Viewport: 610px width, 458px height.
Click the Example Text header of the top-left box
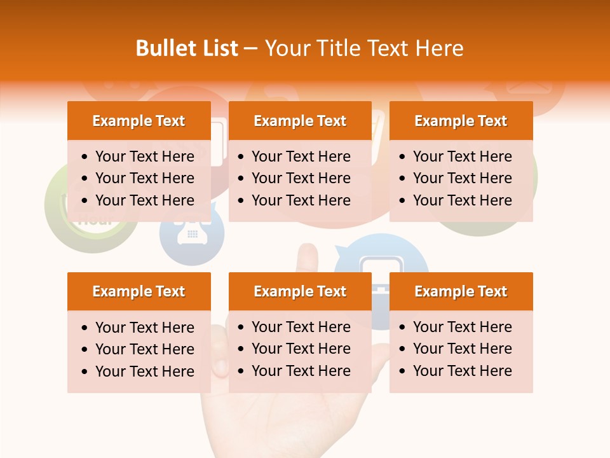pos(139,121)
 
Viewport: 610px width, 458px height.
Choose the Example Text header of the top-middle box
pos(300,121)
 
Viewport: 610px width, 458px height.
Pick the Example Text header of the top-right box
pos(461,121)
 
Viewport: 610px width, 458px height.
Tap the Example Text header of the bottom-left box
pos(139,291)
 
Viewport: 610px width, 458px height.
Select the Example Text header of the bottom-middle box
pos(300,291)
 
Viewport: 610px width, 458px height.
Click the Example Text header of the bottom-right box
pos(461,291)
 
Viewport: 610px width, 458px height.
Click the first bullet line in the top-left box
pos(144,156)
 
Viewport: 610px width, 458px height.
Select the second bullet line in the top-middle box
pos(301,178)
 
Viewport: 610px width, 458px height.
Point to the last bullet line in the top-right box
pos(462,200)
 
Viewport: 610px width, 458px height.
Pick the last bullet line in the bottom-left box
pos(144,371)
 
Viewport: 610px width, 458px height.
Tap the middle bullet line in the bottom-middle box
pos(301,349)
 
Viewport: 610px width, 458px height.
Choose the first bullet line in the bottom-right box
pos(462,327)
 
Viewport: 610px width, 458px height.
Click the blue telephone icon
pos(192,233)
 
